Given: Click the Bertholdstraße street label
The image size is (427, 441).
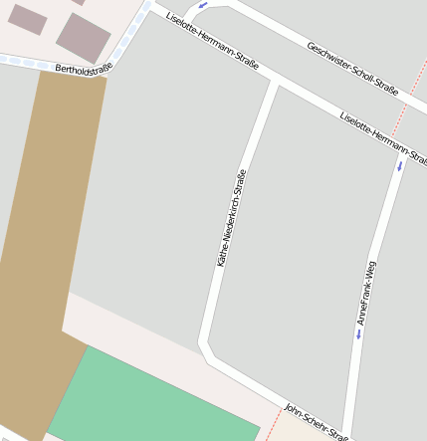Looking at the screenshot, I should (84, 70).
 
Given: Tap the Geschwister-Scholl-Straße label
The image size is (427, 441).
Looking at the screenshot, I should (352, 69).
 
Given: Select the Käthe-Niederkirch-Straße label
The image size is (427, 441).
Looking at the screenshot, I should (231, 217).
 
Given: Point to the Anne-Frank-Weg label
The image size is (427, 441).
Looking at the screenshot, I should (367, 294).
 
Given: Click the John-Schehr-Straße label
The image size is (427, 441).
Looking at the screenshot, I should (316, 422).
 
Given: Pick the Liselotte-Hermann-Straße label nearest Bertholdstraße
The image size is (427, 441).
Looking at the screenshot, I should (212, 41).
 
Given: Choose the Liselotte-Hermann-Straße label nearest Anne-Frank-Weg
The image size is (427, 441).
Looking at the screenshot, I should (383, 137).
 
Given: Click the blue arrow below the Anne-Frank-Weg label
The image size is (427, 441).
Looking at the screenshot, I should (358, 334).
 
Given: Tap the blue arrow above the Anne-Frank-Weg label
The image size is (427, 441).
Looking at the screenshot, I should (400, 165).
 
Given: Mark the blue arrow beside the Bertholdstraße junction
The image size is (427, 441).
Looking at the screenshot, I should (203, 5).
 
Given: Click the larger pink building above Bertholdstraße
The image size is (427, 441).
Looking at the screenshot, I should (83, 37).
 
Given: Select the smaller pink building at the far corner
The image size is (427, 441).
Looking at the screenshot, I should (27, 19).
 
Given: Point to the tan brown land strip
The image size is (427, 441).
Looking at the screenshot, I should (45, 249).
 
